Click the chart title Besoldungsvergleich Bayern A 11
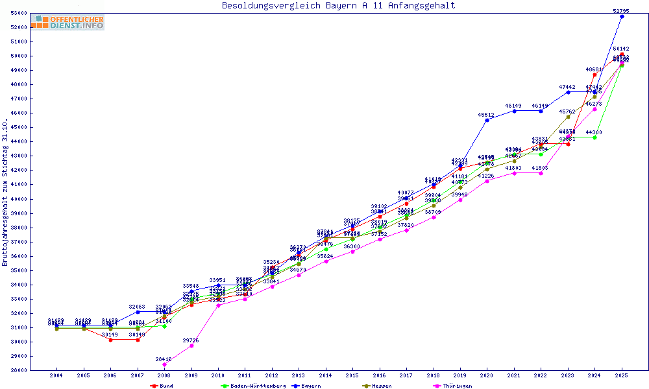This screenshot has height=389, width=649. coord(338,6)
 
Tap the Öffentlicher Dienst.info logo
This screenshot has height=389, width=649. coord(67,23)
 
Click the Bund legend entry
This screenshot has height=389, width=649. coord(162,386)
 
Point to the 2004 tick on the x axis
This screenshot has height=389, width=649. coord(56,375)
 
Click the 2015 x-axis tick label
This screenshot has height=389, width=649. coord(352,375)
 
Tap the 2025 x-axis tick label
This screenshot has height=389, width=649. coord(621,375)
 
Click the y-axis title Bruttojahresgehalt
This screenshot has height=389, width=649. coord(6,193)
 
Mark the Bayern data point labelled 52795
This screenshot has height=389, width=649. coord(622,16)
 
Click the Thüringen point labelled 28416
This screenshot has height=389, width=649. coord(164,364)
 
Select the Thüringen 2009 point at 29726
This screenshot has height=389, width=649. coord(191,346)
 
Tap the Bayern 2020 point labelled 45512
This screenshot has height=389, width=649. coord(487,120)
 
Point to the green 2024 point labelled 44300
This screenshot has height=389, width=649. coord(594,137)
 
